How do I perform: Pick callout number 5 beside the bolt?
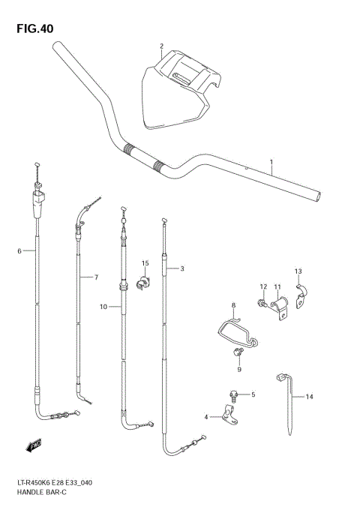(19, 250)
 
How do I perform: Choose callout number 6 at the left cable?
(96, 277)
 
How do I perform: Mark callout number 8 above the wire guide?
(238, 368)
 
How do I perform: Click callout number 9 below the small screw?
(103, 306)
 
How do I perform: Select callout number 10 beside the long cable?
(298, 271)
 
